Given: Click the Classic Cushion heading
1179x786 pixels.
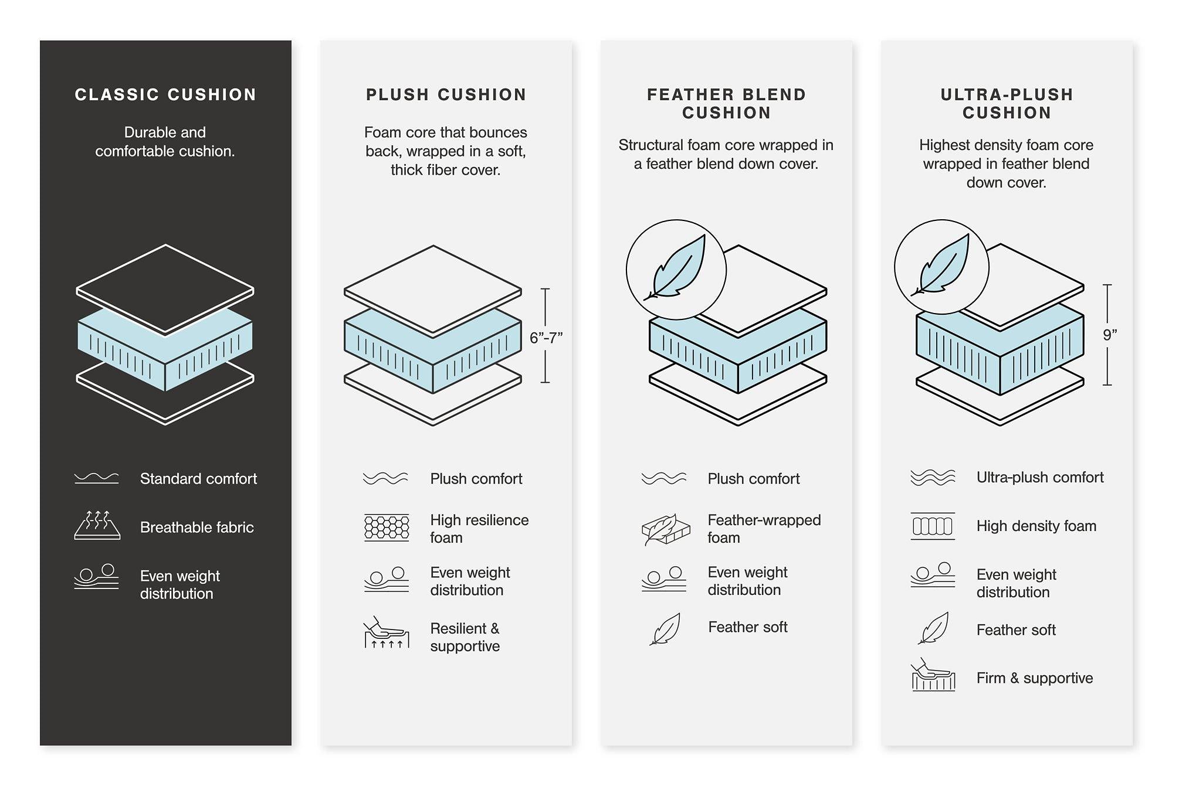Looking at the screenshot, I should click(x=165, y=94).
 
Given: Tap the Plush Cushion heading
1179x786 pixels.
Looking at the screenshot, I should click(x=446, y=94).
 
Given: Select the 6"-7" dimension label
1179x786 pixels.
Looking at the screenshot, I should click(x=546, y=338).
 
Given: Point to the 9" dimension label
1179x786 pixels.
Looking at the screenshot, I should click(x=1109, y=335).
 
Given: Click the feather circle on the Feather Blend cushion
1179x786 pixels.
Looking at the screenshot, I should click(x=676, y=270).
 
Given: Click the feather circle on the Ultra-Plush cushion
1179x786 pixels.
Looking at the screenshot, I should click(x=941, y=267).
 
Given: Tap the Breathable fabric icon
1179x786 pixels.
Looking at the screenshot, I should click(x=97, y=525).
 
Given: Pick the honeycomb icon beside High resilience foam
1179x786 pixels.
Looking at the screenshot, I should click(x=387, y=528).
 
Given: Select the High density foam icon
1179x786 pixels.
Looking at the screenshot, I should click(x=933, y=526).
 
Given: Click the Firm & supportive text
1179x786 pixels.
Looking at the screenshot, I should click(x=1034, y=678).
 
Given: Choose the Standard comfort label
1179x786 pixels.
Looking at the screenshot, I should click(x=198, y=479).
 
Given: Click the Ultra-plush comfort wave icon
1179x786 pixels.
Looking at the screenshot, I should click(x=933, y=478).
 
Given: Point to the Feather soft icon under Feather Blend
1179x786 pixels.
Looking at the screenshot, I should click(x=665, y=629).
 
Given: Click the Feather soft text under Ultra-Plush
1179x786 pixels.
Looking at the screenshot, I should click(x=1015, y=630).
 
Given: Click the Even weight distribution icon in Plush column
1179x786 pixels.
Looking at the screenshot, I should click(x=386, y=580).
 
